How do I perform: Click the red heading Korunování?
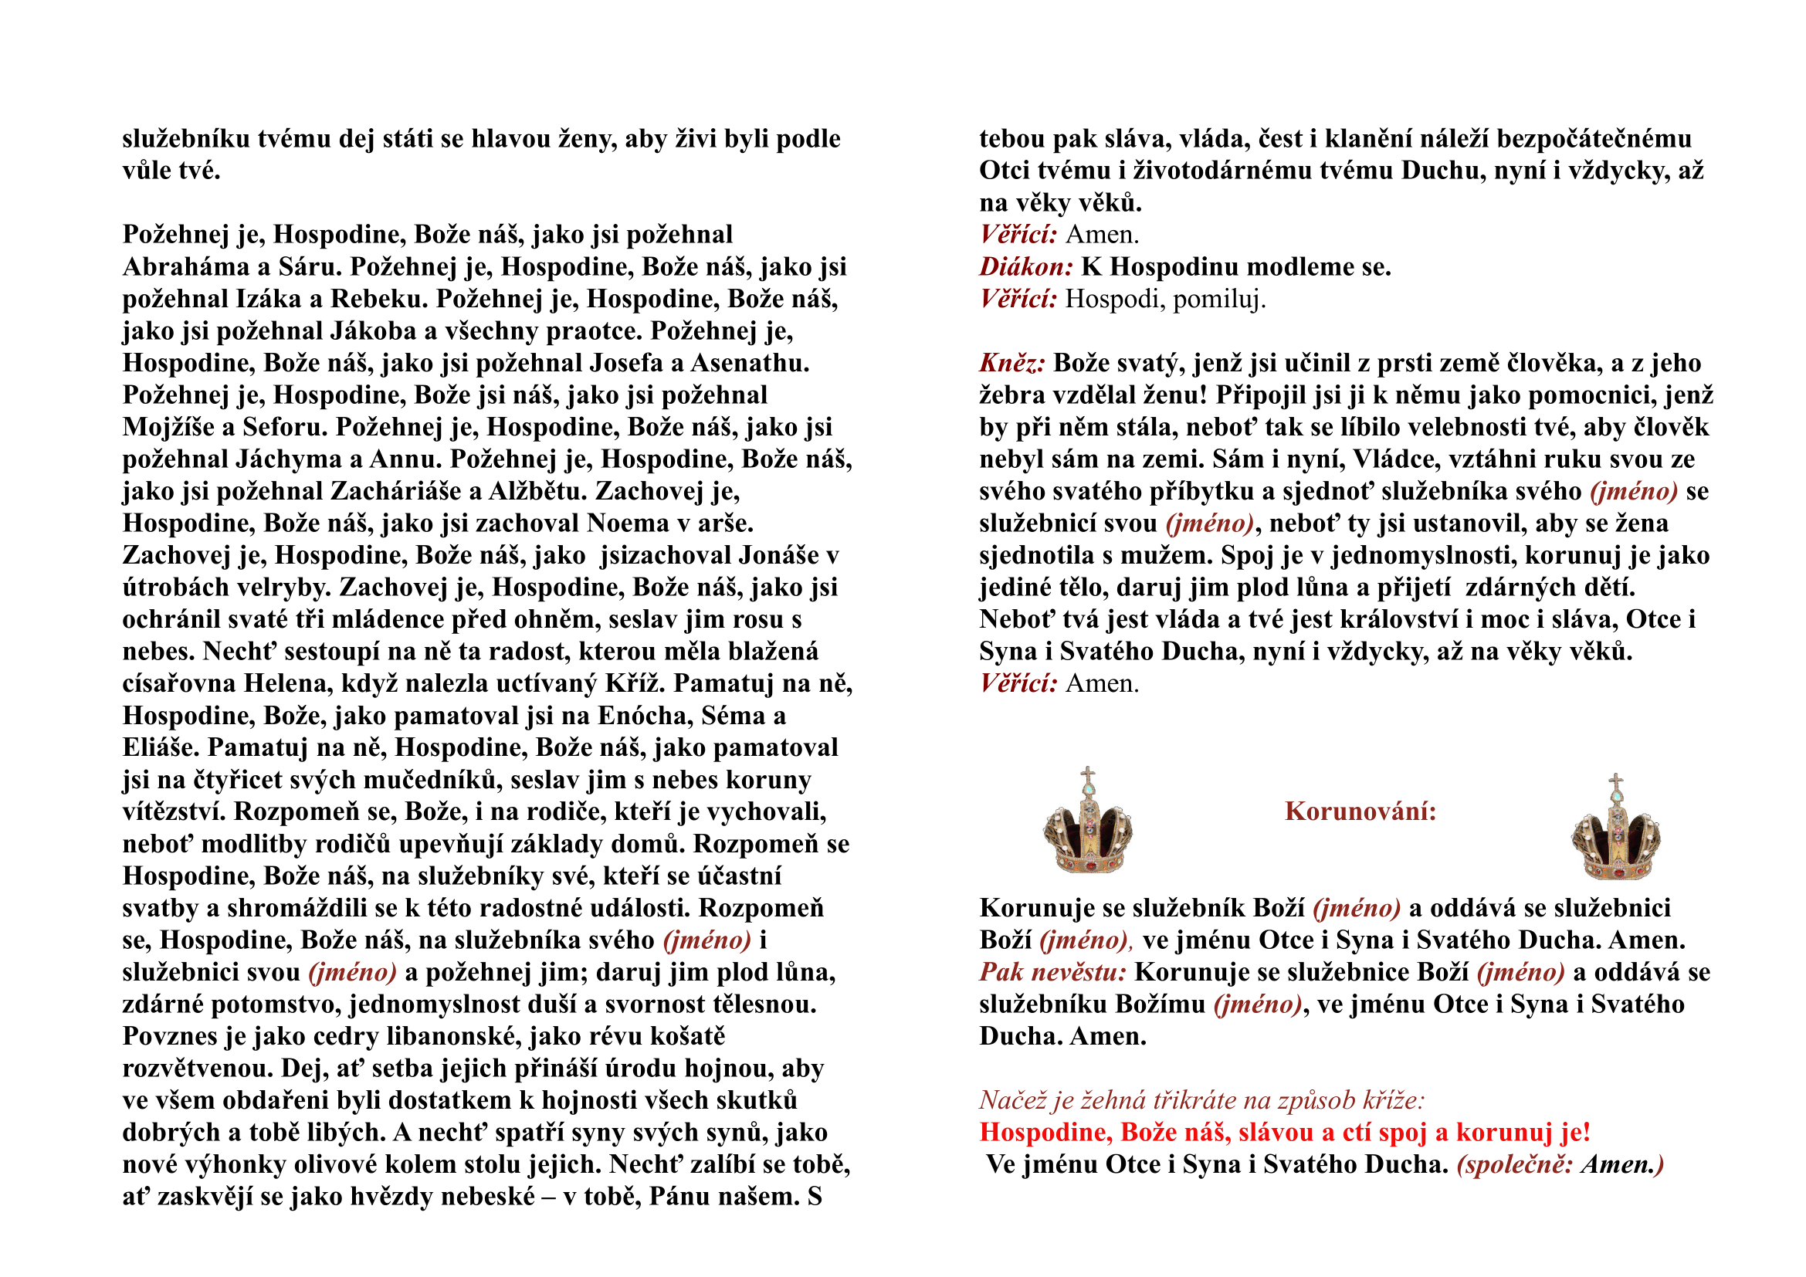(1360, 811)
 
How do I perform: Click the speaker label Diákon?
(1025, 267)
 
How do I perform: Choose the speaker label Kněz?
(1012, 364)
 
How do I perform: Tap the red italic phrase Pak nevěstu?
(1052, 973)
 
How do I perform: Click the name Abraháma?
(186, 267)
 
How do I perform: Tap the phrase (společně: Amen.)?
(1560, 1164)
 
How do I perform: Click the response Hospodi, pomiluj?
(1165, 300)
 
